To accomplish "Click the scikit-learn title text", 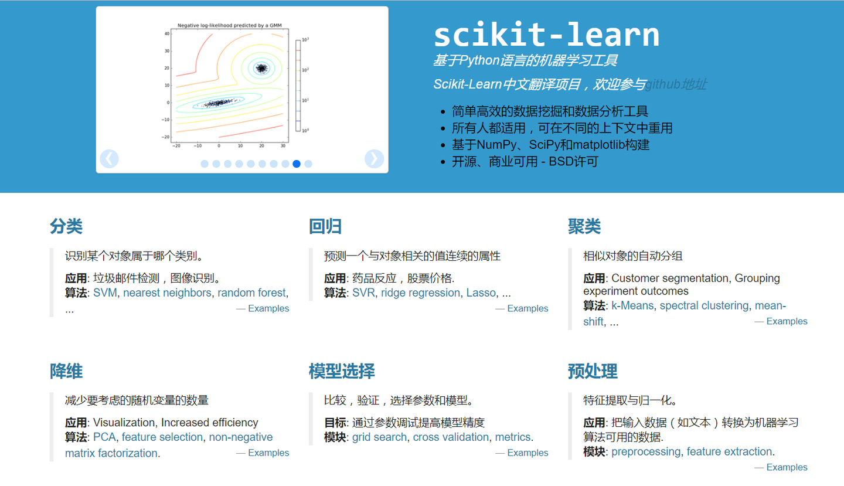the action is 546,35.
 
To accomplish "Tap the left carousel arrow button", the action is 109,159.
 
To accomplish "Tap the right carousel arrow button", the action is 374,159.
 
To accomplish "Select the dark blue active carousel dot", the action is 297,164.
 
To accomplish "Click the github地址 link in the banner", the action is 676,84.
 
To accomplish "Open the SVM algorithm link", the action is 105,293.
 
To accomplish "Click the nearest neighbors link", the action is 167,293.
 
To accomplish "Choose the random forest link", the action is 251,293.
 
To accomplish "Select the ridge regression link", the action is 420,293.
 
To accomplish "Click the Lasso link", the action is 481,293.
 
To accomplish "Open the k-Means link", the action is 632,305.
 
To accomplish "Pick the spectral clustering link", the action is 704,305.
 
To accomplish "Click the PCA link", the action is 104,437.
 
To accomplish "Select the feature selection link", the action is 162,437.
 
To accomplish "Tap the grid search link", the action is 379,437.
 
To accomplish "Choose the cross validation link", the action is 451,437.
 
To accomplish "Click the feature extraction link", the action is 729,451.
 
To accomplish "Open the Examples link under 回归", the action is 527,308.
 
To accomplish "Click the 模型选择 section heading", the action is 342,371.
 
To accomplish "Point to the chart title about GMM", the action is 230,25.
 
